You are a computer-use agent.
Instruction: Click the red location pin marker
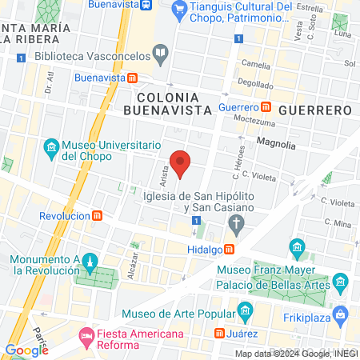pos(181,163)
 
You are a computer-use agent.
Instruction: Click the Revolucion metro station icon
pos(98,216)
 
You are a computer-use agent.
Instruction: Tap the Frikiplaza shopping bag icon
pos(340,312)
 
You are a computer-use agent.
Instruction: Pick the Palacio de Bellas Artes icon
pos(340,282)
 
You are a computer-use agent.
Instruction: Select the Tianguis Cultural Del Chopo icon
pos(180,10)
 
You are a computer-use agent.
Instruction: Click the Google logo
pos(26,349)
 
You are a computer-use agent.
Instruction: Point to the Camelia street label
pos(256,65)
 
